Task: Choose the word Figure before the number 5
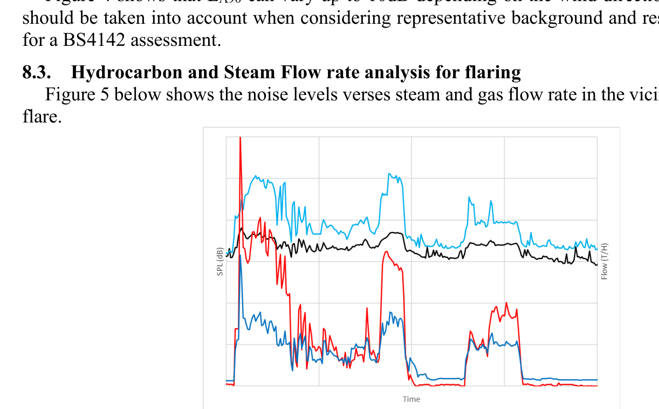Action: click(x=67, y=94)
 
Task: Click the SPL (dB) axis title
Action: click(x=220, y=262)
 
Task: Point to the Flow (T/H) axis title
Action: click(x=605, y=262)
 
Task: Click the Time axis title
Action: click(x=411, y=399)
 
